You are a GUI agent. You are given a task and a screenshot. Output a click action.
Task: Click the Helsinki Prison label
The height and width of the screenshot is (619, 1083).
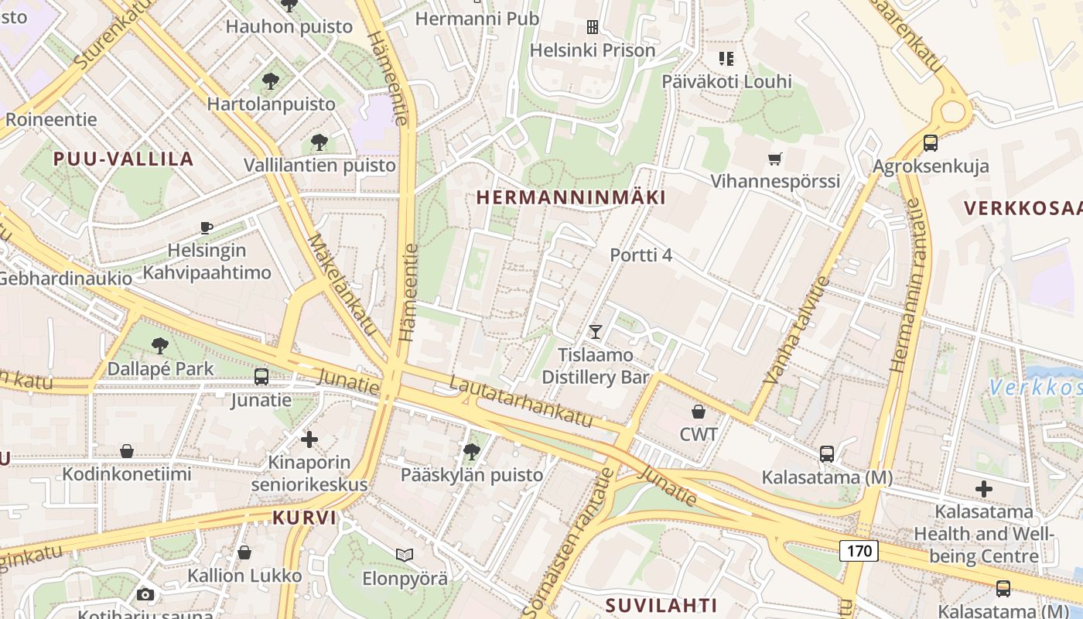coord(592,50)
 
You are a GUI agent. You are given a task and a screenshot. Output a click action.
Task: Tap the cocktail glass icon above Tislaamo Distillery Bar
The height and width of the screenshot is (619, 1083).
coord(595,332)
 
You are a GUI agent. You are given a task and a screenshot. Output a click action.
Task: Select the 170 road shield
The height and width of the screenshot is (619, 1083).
coord(859,551)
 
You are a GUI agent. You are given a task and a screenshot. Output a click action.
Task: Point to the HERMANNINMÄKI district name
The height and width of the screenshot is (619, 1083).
coord(571,197)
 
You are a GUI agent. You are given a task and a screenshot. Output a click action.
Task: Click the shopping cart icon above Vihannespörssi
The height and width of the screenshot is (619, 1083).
coord(774,159)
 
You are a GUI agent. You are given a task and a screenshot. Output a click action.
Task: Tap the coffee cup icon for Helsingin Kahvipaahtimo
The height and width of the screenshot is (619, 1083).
coord(206,227)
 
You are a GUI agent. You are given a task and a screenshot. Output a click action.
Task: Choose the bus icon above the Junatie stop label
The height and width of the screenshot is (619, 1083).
coord(261,377)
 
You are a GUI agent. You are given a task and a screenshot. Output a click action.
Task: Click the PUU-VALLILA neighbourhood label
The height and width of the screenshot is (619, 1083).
coord(123,159)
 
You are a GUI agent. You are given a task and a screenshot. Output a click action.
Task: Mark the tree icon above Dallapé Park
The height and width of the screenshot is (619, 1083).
coord(160,345)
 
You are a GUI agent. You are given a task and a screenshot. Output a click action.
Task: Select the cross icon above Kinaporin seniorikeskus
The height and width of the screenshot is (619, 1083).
coord(309,439)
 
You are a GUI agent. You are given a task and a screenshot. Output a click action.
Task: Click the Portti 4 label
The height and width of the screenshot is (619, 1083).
coord(641,255)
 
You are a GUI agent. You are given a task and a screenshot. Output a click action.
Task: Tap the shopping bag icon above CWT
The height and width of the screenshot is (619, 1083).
coord(699,412)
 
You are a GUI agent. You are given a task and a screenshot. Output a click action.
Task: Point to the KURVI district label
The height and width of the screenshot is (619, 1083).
coord(304,518)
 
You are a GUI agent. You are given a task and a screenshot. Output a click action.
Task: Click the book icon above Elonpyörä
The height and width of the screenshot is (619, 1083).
coord(405,554)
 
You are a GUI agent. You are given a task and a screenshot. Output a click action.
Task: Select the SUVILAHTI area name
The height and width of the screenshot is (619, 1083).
coord(661,605)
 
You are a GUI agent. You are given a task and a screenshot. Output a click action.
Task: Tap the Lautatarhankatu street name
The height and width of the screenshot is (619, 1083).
coord(520,402)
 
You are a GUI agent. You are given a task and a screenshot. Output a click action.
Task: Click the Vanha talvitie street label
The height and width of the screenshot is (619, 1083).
coord(796,330)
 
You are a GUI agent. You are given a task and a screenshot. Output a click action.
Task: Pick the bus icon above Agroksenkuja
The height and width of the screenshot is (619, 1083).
coord(930,143)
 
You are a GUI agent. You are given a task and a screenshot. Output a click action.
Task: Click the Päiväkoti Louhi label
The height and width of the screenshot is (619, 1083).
coord(726,81)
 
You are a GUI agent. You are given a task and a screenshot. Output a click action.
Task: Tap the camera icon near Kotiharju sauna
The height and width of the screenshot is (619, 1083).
coord(145,594)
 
